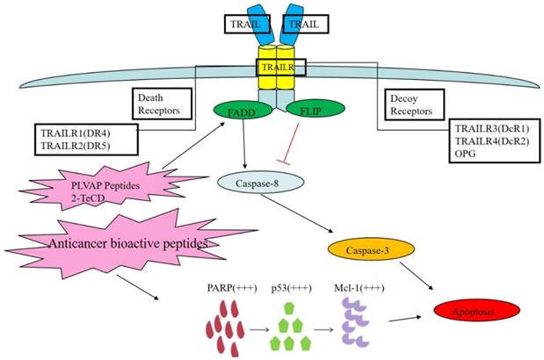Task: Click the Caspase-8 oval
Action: tap(259, 183)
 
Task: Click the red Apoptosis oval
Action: tap(476, 311)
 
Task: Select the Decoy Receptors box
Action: tap(410, 104)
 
